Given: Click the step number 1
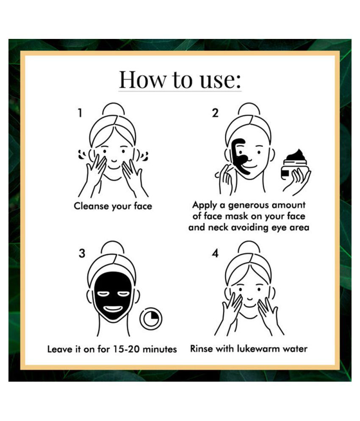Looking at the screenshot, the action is click(80, 113).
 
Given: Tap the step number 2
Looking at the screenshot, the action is click(215, 113).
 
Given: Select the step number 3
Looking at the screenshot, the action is click(82, 253).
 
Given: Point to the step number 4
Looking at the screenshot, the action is click(215, 253).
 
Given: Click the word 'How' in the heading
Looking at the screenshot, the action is click(142, 80).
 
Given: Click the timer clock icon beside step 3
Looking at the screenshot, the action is click(151, 319).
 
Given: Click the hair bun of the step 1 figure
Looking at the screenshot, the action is click(114, 109).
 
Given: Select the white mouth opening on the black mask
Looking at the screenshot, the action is click(113, 309).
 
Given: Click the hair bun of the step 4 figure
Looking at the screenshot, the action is click(249, 247).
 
